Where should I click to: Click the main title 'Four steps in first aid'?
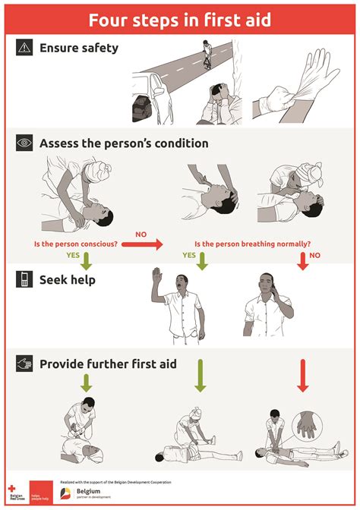pos(179,19)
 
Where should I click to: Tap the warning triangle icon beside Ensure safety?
pos(25,48)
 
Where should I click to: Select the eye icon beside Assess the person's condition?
pos(25,142)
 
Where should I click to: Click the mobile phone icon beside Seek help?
pos(25,280)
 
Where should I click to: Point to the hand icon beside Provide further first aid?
pos(25,364)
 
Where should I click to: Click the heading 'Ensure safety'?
pos(79,48)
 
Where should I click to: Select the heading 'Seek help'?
pos(68,280)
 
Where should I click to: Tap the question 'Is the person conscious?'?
pos(75,244)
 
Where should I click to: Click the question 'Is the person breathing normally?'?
pos(252,244)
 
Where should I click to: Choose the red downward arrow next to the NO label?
pos(303,260)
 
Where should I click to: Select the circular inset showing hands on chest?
pos(308,425)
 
